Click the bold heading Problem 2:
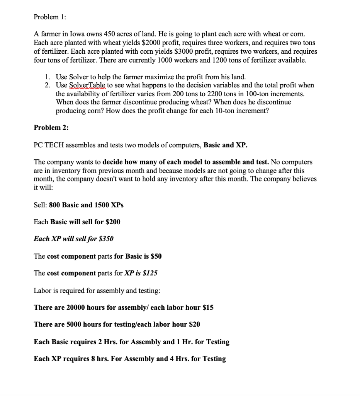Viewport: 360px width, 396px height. point(51,128)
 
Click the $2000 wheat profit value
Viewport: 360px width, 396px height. point(148,43)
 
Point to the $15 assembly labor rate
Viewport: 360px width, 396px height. point(208,307)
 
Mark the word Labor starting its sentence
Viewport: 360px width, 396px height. point(42,290)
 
